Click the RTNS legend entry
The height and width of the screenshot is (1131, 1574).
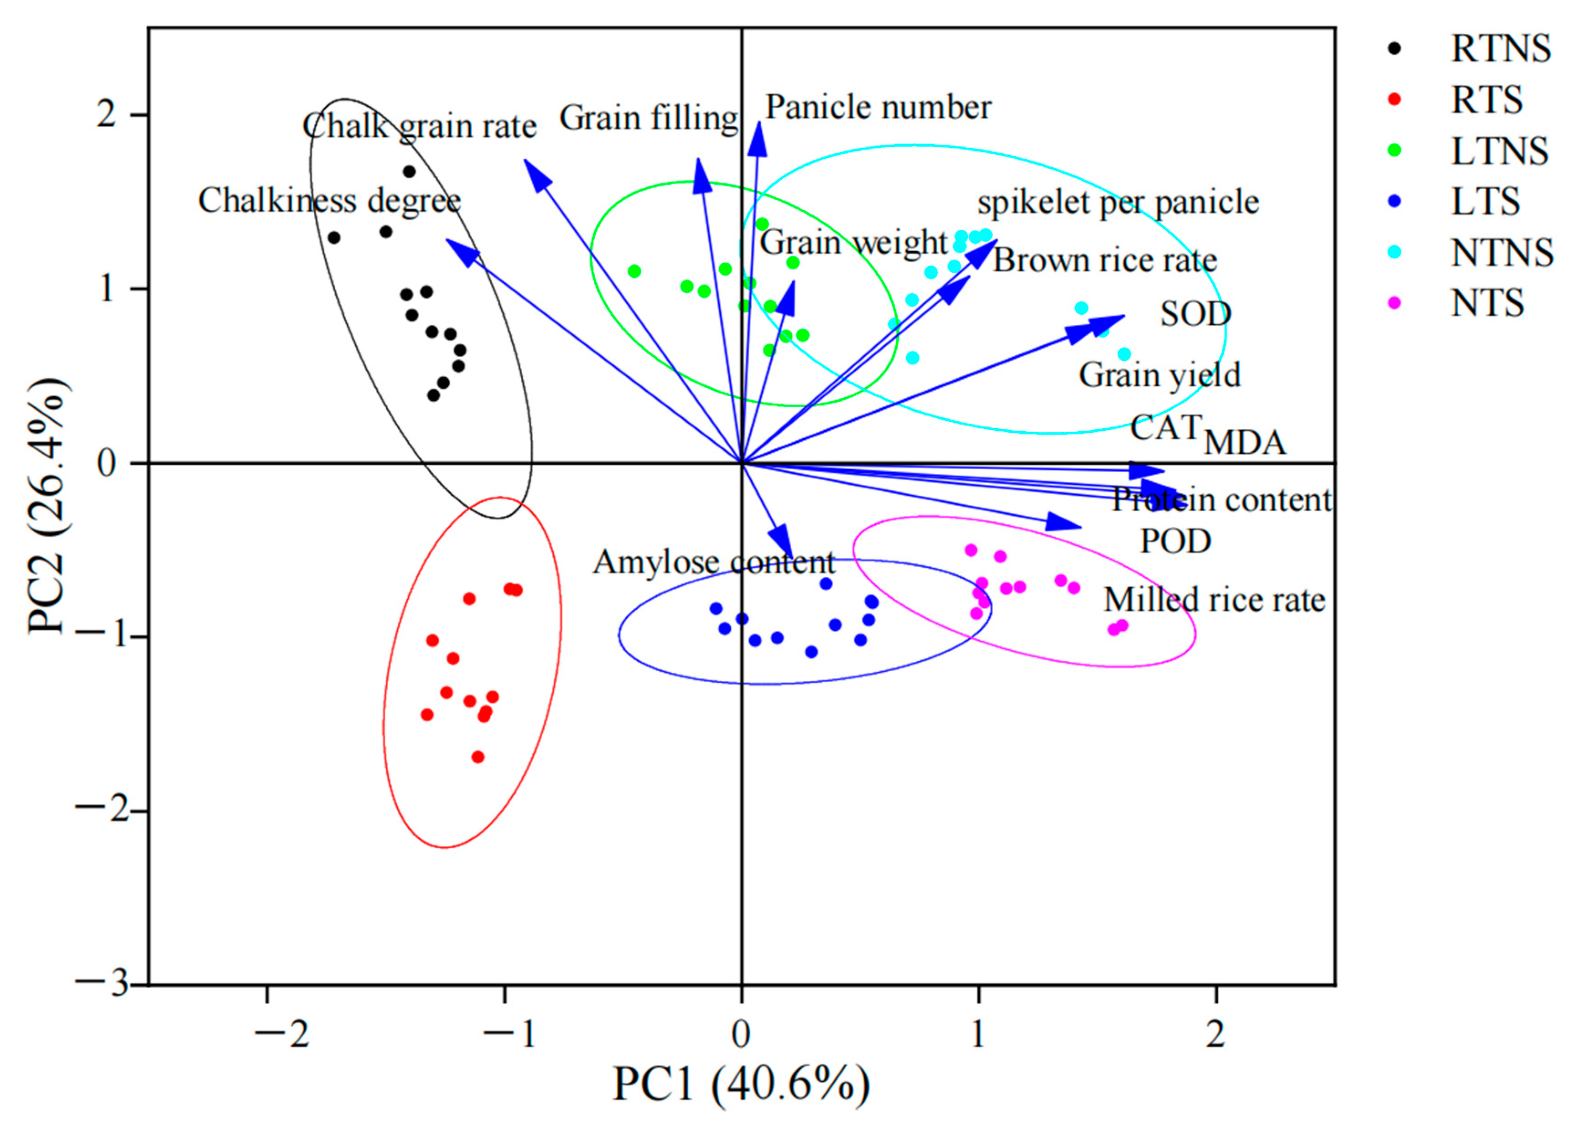click(1499, 49)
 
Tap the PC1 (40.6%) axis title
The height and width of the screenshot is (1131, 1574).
click(741, 1084)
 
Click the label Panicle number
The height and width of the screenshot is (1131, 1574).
click(878, 108)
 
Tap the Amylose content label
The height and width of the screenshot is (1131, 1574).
click(713, 562)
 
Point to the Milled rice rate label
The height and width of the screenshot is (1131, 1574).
click(1215, 600)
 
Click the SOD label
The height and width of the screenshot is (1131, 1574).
click(1195, 314)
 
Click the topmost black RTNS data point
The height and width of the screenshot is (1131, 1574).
click(410, 171)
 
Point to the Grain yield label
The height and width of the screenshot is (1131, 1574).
click(1159, 375)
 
